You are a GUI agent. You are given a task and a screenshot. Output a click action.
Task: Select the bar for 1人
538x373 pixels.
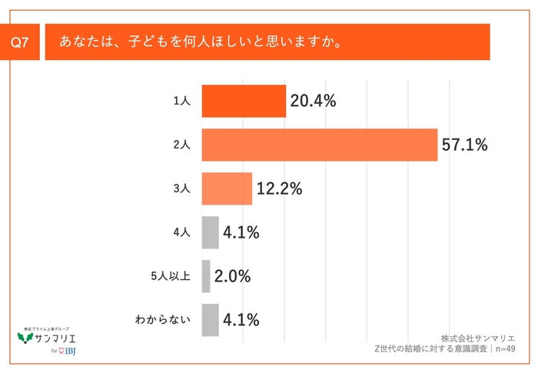click(244, 101)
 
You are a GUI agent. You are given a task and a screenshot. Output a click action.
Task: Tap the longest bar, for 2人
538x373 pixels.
click(319, 145)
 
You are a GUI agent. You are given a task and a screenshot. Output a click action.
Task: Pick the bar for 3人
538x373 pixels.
click(227, 188)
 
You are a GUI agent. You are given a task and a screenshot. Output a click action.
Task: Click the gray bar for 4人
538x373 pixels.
click(210, 232)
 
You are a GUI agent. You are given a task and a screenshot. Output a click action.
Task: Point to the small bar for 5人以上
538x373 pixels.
click(206, 276)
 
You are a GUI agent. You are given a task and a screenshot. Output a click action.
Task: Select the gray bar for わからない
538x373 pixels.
click(210, 320)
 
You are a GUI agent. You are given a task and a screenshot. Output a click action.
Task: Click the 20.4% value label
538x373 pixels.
click(314, 101)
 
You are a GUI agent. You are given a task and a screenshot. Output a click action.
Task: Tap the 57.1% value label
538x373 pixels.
click(465, 145)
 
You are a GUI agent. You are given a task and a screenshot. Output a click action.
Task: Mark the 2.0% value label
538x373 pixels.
click(232, 276)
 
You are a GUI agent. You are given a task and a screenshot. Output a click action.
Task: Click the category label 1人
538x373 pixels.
click(181, 101)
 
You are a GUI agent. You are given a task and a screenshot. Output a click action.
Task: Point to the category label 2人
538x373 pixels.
click(181, 145)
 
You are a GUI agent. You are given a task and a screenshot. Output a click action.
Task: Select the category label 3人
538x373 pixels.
click(181, 188)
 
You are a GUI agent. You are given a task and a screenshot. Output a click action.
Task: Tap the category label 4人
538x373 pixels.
click(181, 232)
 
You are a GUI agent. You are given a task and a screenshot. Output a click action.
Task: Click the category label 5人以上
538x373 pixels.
click(170, 276)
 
